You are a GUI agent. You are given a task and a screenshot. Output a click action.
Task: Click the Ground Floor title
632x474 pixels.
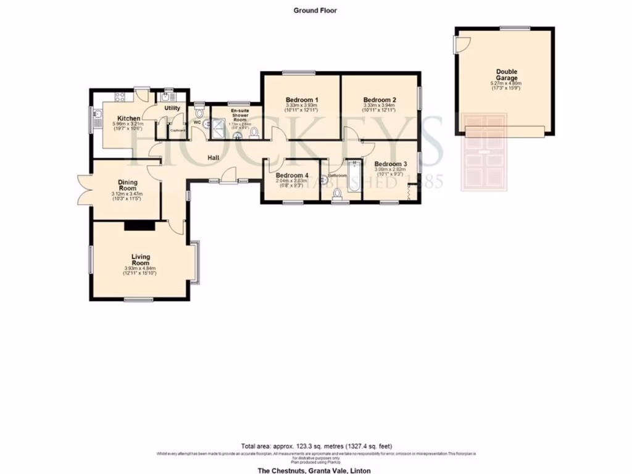coord(315,10)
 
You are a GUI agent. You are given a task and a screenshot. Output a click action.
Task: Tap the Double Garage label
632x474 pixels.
coord(505,74)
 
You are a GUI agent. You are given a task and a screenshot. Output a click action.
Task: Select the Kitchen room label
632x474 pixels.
coord(129,118)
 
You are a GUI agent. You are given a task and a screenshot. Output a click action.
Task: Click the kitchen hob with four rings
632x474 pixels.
coord(119,96)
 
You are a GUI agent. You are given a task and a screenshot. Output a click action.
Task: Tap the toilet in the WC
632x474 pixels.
coord(199,113)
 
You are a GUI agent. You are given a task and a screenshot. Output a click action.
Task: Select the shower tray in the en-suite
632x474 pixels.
coord(219,127)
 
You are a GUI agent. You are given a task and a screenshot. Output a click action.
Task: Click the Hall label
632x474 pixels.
coord(214,159)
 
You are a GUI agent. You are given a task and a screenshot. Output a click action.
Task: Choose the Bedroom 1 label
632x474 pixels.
coord(302,100)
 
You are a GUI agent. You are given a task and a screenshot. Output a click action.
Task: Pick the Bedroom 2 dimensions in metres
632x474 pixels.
coord(379,106)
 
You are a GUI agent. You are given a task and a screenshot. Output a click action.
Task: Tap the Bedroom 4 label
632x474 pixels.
coord(291,175)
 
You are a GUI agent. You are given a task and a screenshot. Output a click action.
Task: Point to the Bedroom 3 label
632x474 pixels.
coord(389,164)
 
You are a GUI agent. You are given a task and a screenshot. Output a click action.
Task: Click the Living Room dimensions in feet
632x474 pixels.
coord(140,273)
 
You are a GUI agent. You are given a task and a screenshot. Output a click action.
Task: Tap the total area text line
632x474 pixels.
coord(315,446)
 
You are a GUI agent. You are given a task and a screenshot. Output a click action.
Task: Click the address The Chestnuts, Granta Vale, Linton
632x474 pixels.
coord(314,470)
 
